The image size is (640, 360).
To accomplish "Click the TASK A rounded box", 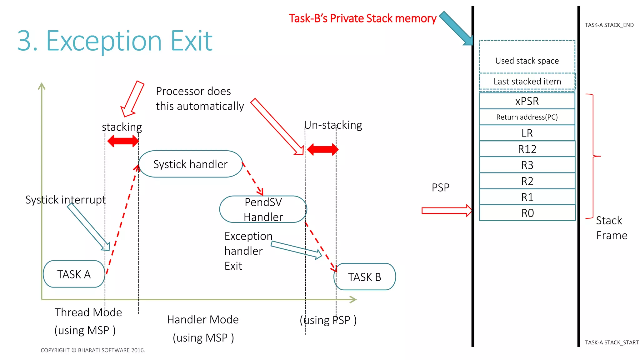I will (74, 274).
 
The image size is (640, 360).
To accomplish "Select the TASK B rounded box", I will (365, 277).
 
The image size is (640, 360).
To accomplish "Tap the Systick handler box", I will (190, 164).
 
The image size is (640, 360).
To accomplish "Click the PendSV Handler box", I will (263, 209).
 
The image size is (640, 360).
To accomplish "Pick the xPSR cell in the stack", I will (527, 101).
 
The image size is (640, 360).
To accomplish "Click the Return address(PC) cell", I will (527, 117).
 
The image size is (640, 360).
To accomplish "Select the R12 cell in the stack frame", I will (527, 149).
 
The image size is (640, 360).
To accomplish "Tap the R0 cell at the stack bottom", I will (527, 213).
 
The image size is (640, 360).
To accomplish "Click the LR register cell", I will (527, 133).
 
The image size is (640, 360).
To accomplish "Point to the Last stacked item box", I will (527, 81).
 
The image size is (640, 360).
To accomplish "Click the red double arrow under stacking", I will (123, 141).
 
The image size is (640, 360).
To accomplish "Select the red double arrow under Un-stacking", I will (322, 149).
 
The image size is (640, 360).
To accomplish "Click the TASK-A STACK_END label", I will (609, 25).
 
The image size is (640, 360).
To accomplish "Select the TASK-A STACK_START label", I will (612, 342).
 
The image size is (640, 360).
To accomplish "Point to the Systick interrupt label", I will (65, 199).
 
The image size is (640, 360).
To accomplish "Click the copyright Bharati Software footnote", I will (93, 350).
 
